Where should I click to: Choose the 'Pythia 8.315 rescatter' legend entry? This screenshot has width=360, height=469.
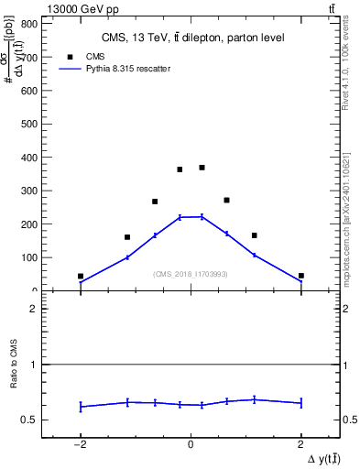115,69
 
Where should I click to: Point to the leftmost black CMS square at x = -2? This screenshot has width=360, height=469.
81,276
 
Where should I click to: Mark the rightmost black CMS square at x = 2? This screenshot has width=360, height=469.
300,276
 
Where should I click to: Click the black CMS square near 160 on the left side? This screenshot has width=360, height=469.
127,237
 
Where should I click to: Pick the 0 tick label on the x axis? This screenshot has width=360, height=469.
191,444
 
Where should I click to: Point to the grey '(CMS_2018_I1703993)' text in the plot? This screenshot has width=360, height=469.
191,274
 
